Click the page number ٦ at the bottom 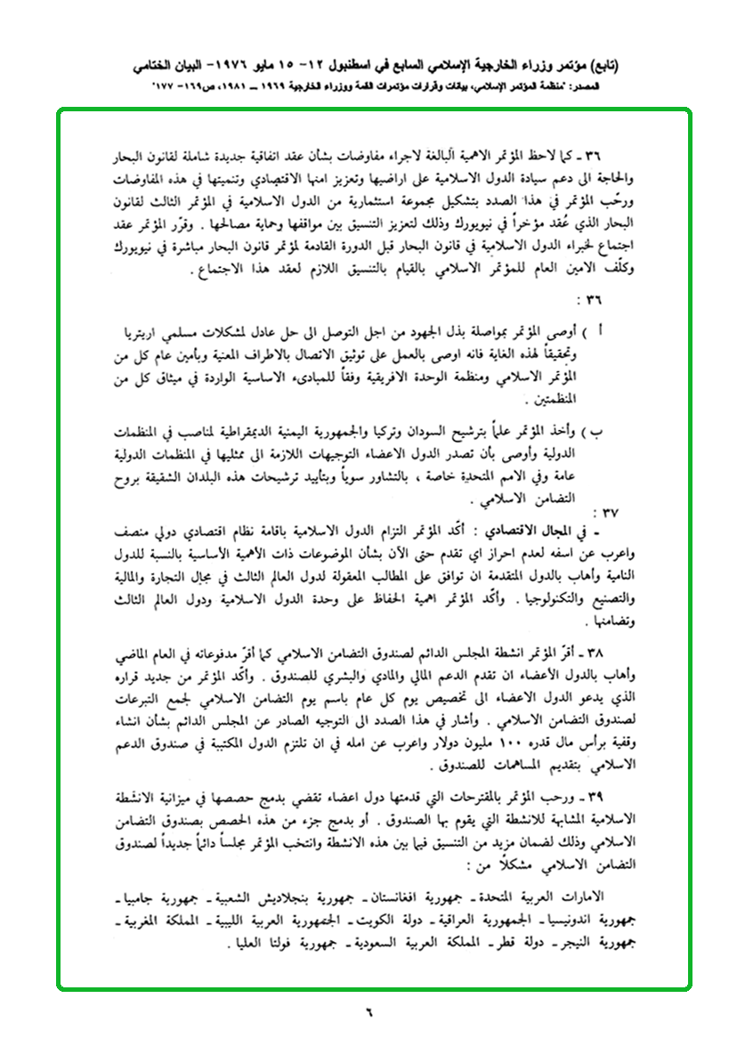click(x=367, y=1011)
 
